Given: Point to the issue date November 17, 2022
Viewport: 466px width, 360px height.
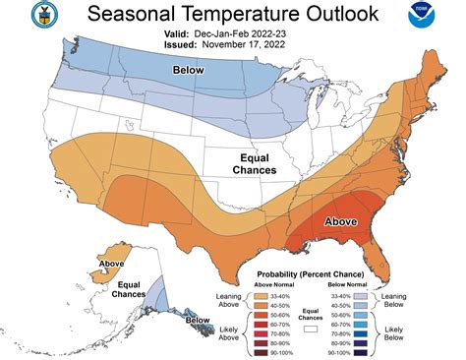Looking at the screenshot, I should click(x=233, y=45).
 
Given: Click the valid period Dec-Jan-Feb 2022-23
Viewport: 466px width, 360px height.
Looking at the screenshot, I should click(x=233, y=33).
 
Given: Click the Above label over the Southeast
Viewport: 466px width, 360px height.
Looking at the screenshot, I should click(x=341, y=221).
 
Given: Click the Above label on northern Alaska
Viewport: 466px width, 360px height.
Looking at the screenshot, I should click(x=111, y=263).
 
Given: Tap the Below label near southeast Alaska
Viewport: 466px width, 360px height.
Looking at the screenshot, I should click(x=197, y=320).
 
